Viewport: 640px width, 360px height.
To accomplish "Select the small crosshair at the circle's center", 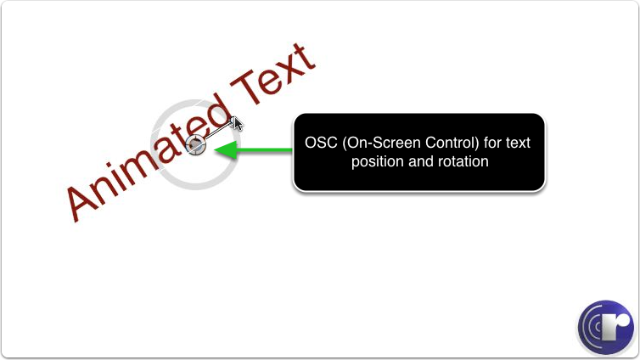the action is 196,144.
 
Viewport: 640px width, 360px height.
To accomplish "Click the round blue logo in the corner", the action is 606,328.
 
